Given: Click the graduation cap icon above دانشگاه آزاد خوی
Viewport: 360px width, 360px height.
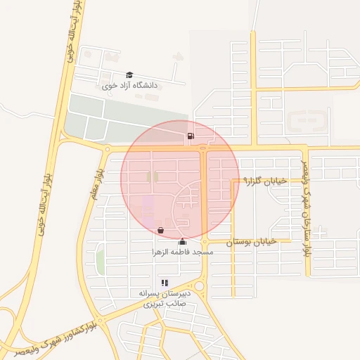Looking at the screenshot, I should click(129, 75).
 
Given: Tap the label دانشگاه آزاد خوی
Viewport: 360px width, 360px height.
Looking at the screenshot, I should click(131, 86).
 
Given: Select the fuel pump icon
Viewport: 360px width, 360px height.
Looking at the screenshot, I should click(191, 136).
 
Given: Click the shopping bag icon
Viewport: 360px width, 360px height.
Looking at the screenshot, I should click(161, 230).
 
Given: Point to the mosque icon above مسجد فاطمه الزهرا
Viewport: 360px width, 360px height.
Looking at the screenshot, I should click(183, 243).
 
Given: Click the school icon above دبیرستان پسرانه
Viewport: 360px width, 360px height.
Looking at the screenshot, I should click(165, 283).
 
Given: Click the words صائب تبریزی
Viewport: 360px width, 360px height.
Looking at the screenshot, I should click(162, 304).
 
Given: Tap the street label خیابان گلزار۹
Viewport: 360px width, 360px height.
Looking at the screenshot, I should click(265, 181).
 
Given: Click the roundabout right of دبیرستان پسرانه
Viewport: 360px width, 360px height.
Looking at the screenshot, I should click(200, 286).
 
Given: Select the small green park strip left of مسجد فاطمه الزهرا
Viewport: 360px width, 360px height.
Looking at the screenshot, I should click(101, 261).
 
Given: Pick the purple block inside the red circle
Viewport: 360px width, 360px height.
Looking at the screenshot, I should click(148, 207).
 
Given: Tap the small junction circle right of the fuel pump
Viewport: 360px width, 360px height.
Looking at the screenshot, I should click(202, 148).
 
